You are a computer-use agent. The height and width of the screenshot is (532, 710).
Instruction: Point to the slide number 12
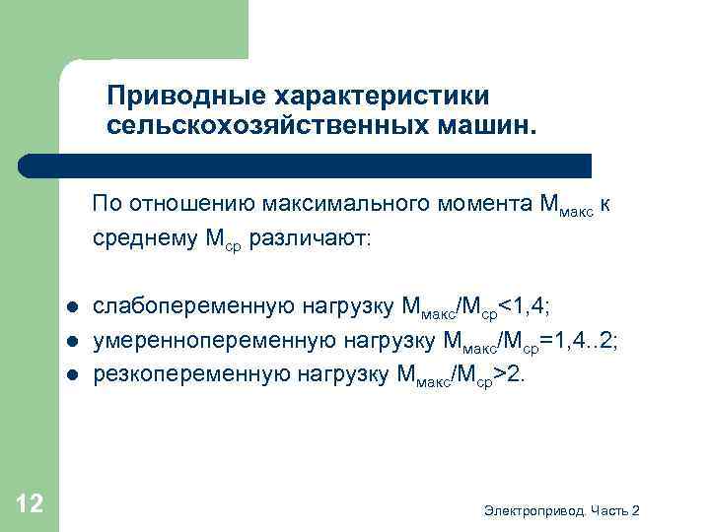pyautogui.click(x=30, y=504)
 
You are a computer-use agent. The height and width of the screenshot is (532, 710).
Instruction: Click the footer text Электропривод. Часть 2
pyautogui.click(x=562, y=509)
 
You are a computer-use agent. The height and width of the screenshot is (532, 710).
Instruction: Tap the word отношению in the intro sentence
pyautogui.click(x=185, y=205)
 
